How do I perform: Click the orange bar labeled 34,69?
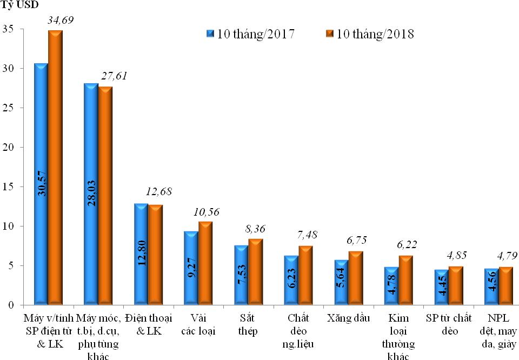click(55, 168)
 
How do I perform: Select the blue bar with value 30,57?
click(41, 184)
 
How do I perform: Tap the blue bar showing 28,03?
click(91, 195)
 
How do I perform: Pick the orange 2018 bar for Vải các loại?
click(205, 263)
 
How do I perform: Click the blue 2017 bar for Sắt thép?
click(241, 276)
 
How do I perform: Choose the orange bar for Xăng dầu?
click(356, 278)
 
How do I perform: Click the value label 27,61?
click(112, 76)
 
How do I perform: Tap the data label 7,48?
click(308, 235)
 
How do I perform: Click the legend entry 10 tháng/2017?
click(250, 34)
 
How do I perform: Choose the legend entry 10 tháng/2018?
click(370, 34)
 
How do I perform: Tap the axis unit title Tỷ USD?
click(19, 6)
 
